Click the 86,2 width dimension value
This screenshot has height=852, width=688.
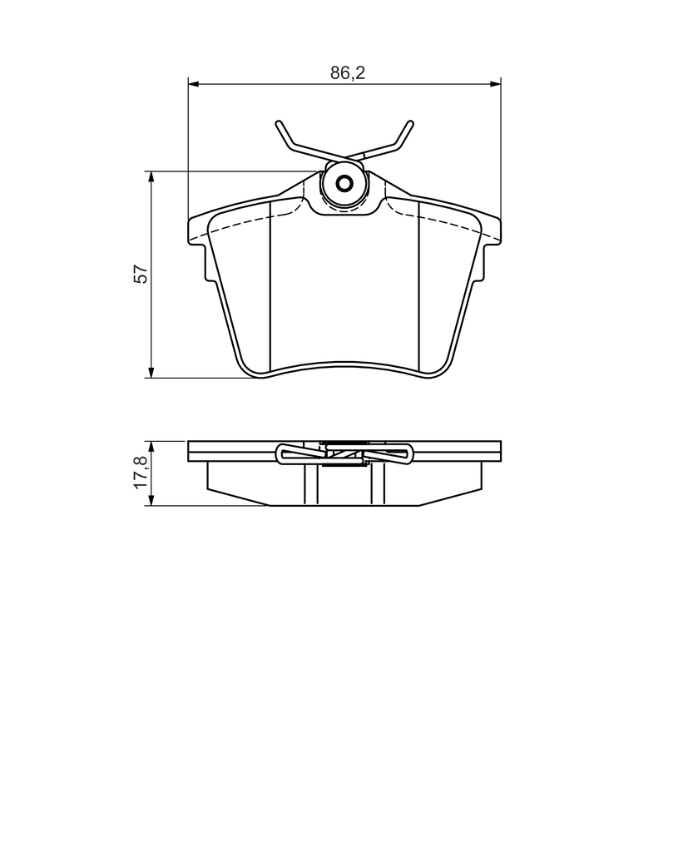pos(348,73)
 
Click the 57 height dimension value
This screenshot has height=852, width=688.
pos(141,274)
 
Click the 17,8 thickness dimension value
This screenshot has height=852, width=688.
pos(141,473)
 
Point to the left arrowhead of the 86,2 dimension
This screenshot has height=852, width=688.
pos(194,84)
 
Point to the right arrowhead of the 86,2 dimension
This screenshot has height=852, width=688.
pos(495,84)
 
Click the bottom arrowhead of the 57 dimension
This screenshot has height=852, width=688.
pos(151,372)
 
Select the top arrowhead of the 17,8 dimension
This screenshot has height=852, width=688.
pos(151,447)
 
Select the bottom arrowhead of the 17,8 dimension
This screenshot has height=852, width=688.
pos(151,500)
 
